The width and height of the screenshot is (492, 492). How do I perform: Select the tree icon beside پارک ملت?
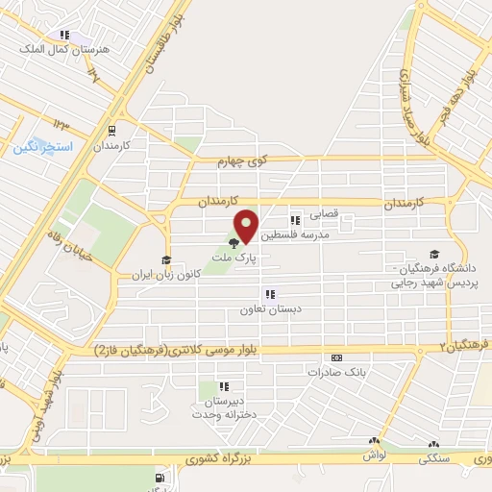pyautogui.click(x=233, y=242)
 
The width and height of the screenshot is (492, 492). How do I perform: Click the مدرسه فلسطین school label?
pyautogui.click(x=316, y=234)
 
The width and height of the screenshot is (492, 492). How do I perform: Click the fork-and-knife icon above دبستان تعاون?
pyautogui.click(x=270, y=294)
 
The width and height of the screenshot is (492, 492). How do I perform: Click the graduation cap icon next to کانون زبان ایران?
pyautogui.click(x=165, y=260)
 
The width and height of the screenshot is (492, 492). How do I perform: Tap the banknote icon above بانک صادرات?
pyautogui.click(x=336, y=357)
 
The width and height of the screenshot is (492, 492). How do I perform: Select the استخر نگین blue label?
pyautogui.click(x=38, y=148)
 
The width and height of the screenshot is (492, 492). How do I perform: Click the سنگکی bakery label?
pyautogui.click(x=434, y=459)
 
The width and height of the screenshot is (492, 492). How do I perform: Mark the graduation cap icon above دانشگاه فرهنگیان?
pyautogui.click(x=435, y=255)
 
